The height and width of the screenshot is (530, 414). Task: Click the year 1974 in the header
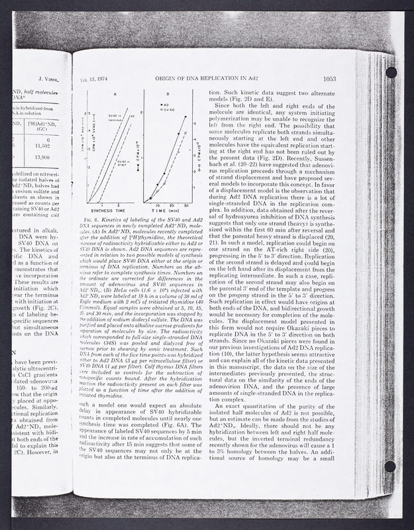tap(106, 78)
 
